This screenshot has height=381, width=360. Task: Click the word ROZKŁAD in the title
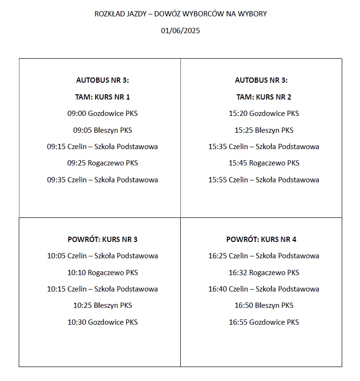(108, 14)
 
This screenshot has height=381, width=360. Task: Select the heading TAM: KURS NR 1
(102, 97)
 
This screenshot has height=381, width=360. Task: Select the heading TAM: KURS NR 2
(263, 97)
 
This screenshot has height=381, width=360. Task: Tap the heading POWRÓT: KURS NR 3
(102, 239)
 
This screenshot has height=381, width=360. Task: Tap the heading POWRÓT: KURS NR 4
(263, 239)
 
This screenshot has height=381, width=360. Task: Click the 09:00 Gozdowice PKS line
(102, 114)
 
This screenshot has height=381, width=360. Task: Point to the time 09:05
(82, 130)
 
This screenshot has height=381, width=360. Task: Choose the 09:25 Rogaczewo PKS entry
(102, 163)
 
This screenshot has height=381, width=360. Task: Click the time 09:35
(56, 180)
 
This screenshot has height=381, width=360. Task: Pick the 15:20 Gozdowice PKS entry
(263, 114)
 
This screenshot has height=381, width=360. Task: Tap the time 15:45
(237, 163)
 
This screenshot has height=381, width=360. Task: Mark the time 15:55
(217, 180)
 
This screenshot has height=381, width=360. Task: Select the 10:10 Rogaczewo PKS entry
(102, 273)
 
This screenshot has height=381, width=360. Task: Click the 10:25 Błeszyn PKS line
(102, 305)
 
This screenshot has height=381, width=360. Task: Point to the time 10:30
(76, 322)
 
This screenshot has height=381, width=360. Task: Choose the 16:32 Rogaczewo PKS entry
(263, 273)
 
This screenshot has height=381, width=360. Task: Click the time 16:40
(217, 289)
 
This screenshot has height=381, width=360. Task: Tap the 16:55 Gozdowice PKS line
(263, 322)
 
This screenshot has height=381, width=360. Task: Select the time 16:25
(217, 256)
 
